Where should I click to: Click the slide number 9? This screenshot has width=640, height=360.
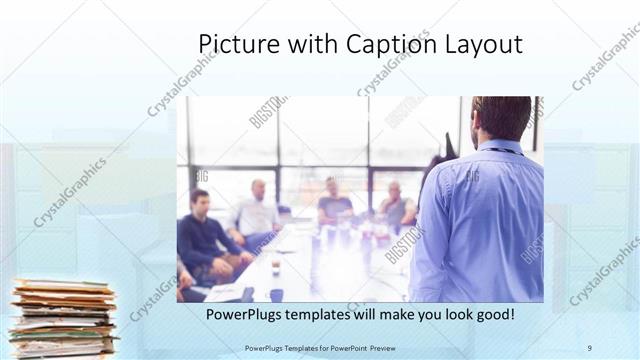tap(589, 347)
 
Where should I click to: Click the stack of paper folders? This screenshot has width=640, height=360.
tap(63, 318)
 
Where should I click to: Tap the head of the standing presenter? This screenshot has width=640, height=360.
tap(502, 117)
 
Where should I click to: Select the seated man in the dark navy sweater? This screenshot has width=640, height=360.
tap(205, 235)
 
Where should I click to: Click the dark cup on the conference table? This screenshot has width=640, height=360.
tap(276, 266)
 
